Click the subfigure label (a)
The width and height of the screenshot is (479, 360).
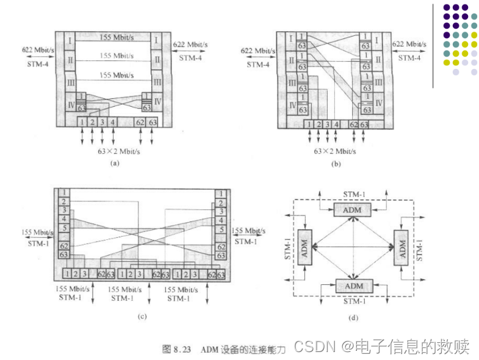[113, 163]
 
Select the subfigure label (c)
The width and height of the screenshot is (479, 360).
[142, 315]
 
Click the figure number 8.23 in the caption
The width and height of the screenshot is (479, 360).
[184, 349]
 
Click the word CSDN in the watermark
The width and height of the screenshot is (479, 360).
[314, 347]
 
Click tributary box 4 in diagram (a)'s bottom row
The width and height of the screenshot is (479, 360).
[112, 123]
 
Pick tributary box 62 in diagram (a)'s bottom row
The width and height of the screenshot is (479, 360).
[141, 123]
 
